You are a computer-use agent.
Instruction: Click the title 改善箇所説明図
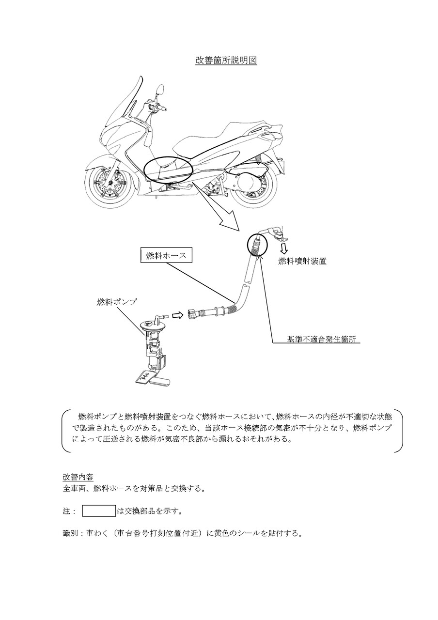[226, 61]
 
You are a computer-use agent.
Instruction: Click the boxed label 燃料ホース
[166, 255]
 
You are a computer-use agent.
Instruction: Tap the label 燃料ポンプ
[117, 301]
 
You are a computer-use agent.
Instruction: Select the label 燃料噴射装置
[302, 261]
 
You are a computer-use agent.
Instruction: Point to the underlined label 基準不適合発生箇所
[321, 339]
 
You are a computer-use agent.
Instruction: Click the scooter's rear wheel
[253, 188]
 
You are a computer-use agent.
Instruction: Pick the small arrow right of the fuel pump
[178, 315]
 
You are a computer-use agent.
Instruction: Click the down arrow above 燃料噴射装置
[284, 249]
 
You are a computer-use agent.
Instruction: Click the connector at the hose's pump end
[193, 314]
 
